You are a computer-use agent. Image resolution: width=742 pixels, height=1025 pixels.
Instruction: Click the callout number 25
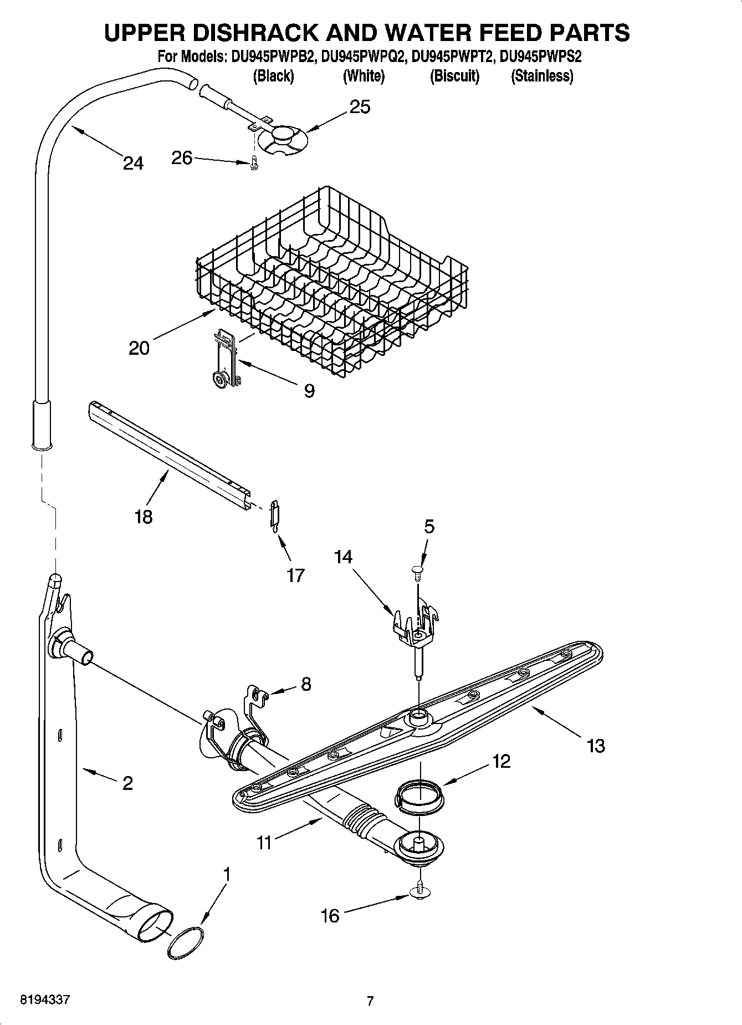(x=360, y=106)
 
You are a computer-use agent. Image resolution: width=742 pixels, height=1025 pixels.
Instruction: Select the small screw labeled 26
(x=254, y=164)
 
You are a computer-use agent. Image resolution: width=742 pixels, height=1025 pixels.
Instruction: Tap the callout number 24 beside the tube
(x=133, y=163)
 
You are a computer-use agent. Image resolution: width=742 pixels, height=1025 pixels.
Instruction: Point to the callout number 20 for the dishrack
(x=139, y=348)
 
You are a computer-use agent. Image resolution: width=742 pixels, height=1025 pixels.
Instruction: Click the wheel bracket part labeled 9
(x=227, y=359)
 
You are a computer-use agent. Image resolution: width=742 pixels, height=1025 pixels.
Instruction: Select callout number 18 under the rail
(x=143, y=517)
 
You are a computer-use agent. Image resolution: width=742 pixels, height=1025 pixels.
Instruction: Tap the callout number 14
(x=343, y=557)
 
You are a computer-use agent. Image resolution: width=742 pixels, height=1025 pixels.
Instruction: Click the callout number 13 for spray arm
(x=596, y=746)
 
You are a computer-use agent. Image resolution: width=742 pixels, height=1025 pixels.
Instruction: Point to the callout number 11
(x=264, y=842)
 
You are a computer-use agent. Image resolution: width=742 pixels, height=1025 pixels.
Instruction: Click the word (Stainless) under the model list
(x=541, y=76)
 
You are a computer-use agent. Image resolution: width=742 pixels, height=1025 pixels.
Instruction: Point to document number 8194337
(x=45, y=1000)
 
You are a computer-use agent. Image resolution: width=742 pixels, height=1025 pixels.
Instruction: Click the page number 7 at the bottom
(x=370, y=1001)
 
